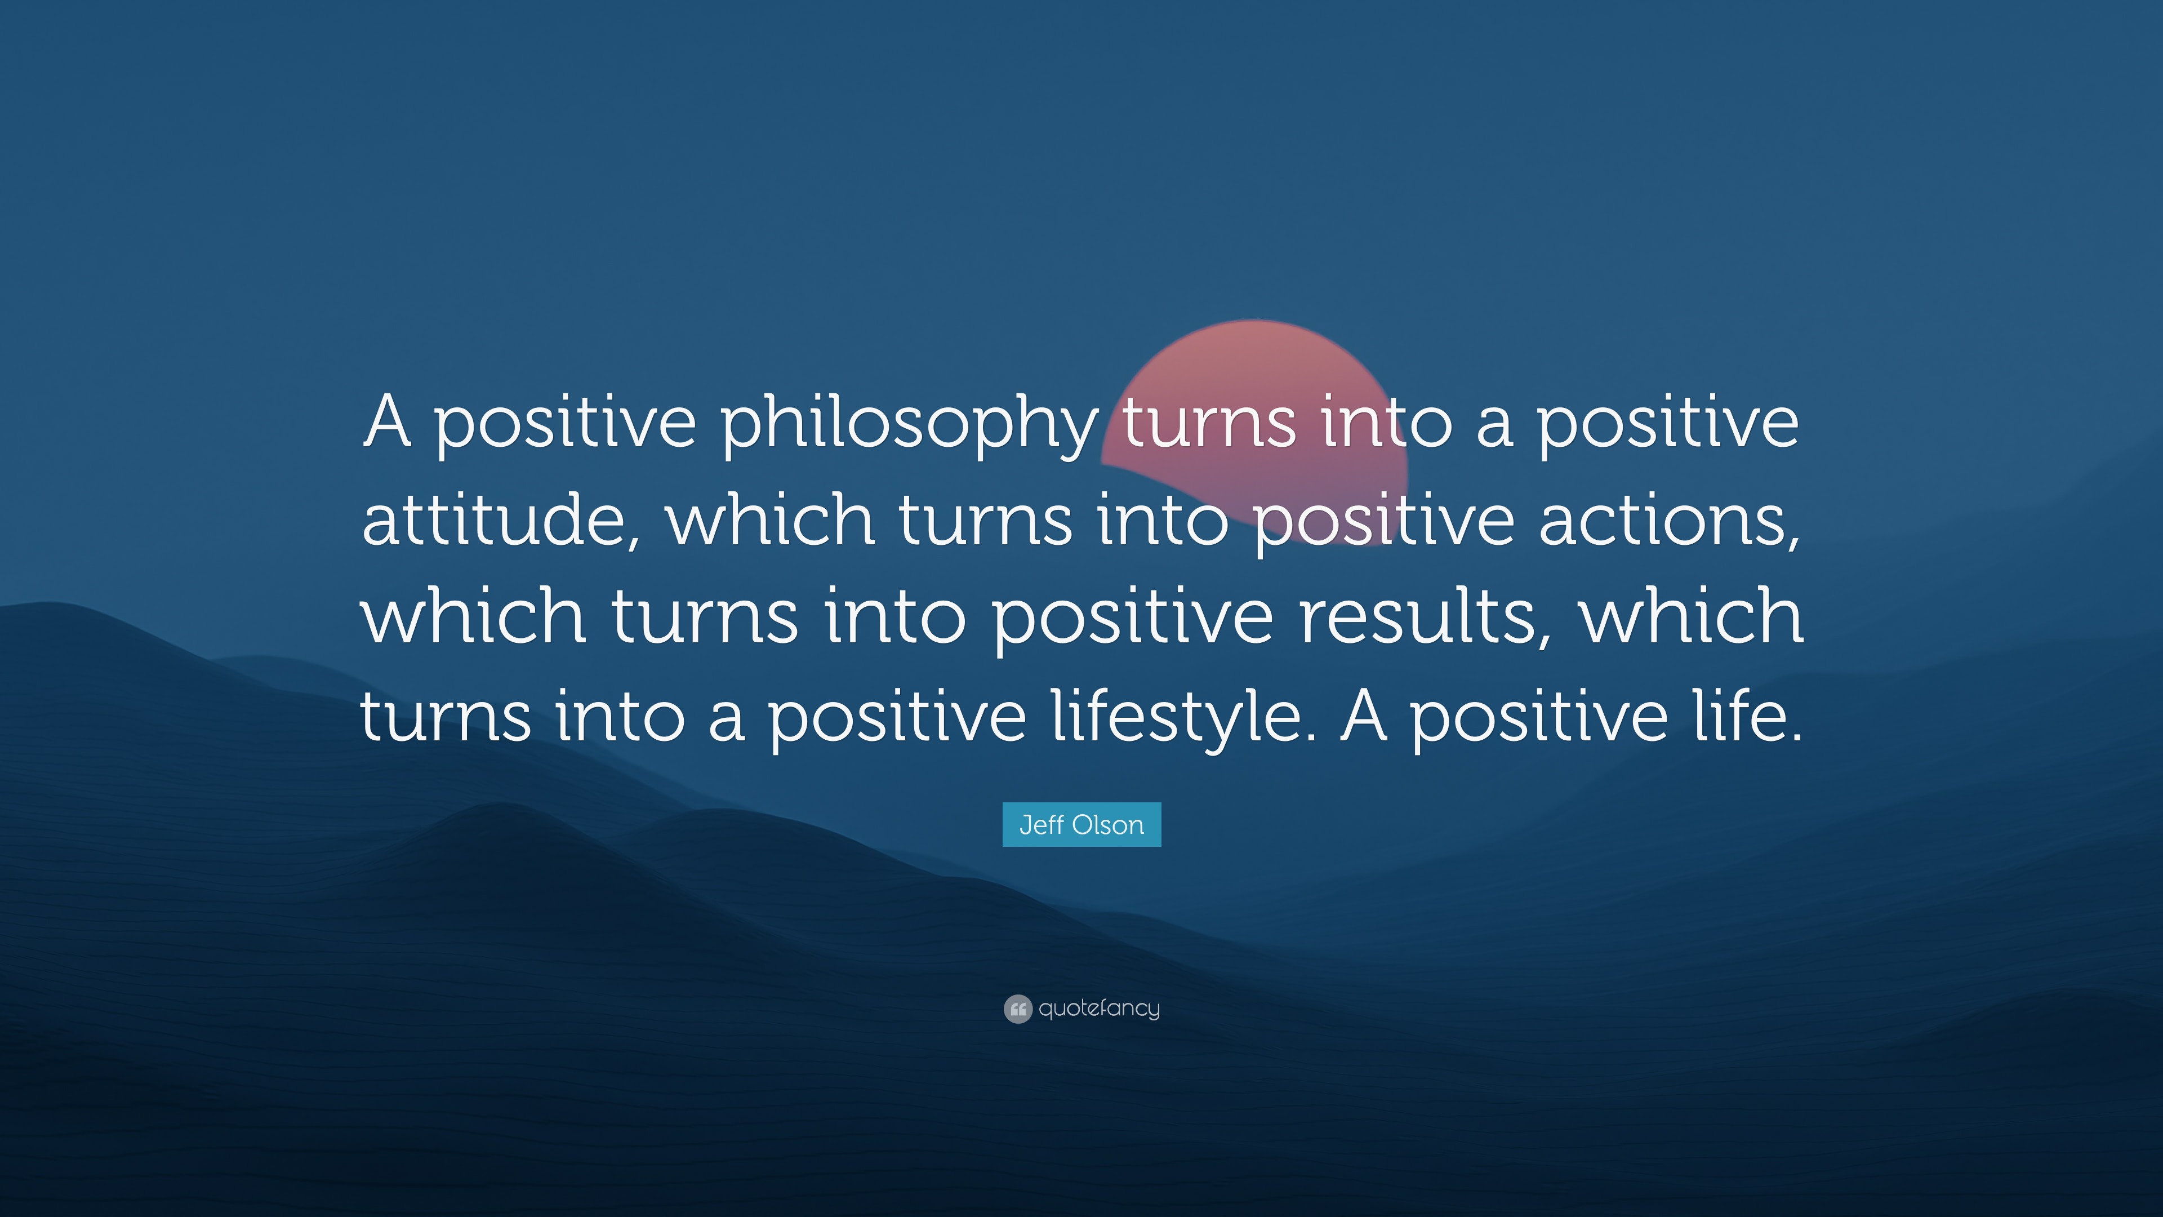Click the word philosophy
909,424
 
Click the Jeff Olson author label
1081,825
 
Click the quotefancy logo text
1099,1008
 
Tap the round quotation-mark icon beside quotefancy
1018,1009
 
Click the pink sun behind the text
1256,370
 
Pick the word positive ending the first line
1667,424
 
